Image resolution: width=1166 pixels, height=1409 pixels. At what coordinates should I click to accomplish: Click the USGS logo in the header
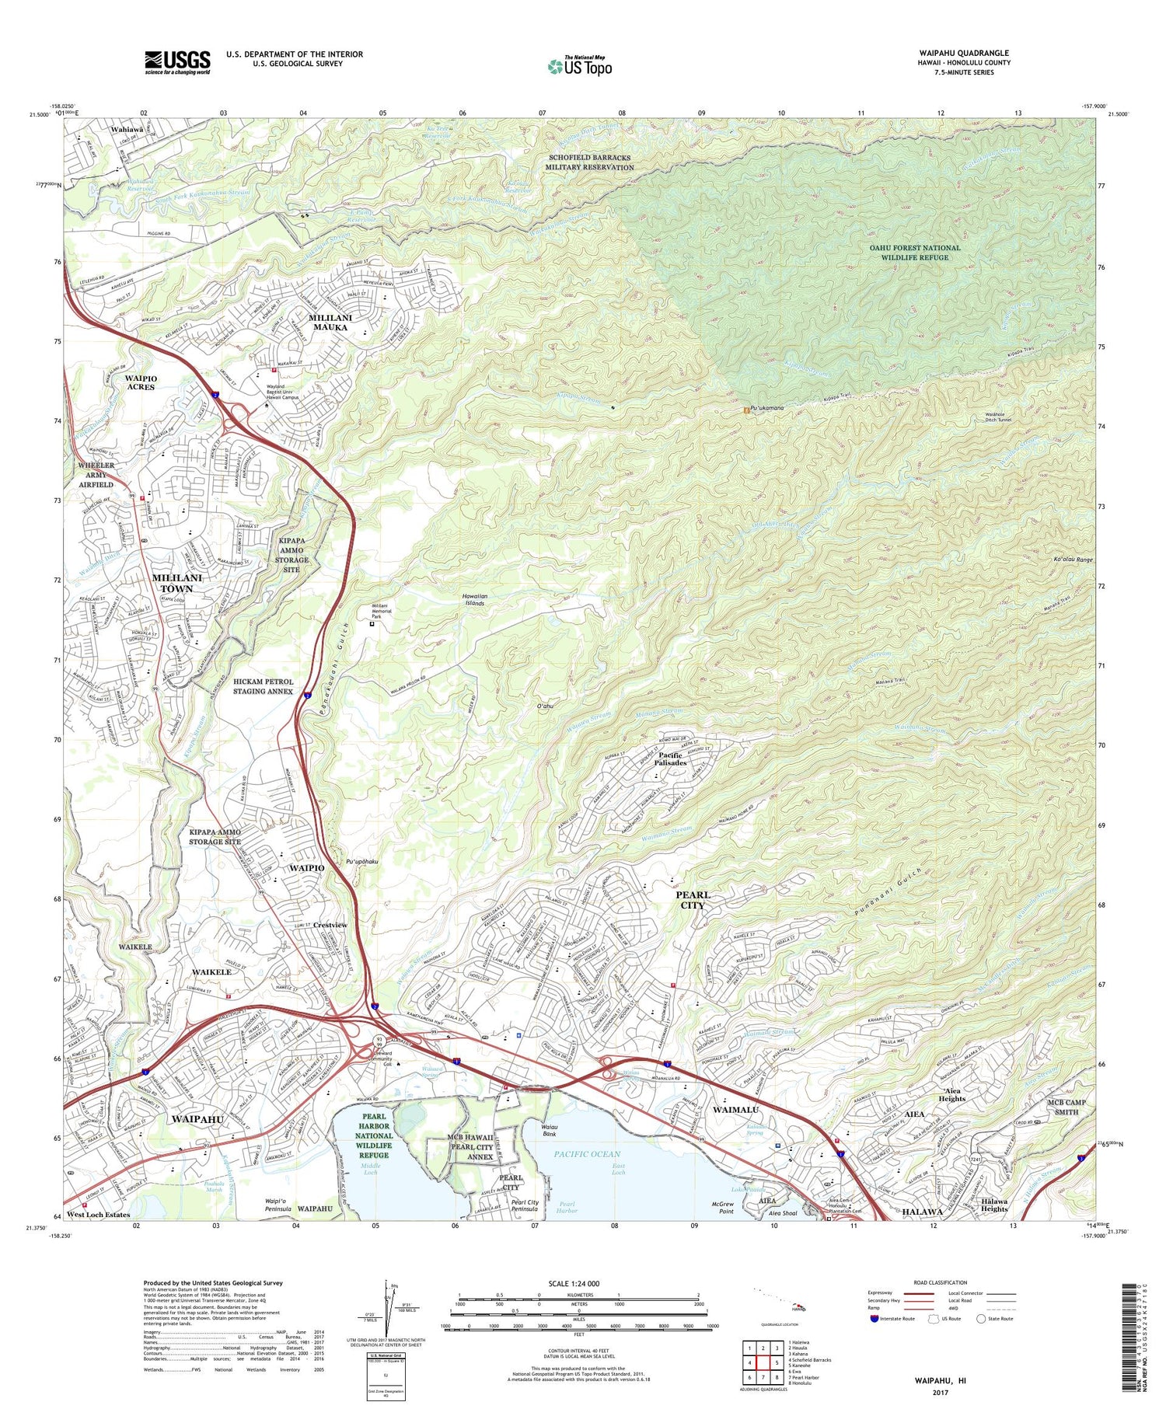[177, 62]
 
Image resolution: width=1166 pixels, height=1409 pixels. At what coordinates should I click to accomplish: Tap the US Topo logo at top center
[579, 67]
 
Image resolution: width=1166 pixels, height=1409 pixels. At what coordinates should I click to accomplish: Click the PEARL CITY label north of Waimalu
[692, 900]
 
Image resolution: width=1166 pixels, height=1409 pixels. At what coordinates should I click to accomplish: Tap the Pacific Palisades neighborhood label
[669, 759]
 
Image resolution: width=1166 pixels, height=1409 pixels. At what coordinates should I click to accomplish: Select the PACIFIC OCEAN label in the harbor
[588, 1154]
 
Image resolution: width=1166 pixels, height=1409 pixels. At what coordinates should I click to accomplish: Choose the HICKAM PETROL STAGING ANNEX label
[264, 685]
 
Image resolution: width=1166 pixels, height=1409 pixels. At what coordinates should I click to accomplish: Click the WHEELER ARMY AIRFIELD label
[96, 474]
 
